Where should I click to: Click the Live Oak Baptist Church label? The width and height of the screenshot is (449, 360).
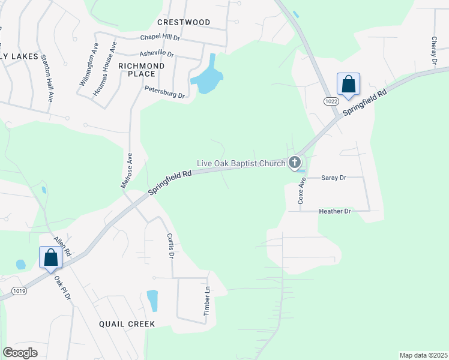click(241, 163)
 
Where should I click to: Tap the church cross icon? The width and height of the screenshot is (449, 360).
click(294, 161)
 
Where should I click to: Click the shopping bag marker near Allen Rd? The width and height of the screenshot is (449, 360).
click(51, 258)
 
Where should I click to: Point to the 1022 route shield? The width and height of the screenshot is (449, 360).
click(331, 101)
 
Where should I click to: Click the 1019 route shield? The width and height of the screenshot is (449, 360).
click(19, 291)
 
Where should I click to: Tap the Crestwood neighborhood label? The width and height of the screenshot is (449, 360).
click(184, 22)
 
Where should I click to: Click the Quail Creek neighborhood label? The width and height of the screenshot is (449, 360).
click(127, 324)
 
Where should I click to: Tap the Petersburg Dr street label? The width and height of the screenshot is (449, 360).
click(164, 91)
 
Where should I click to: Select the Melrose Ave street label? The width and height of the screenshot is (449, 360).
click(126, 170)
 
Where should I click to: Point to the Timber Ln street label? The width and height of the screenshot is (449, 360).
click(207, 300)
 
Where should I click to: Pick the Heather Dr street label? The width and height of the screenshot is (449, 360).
click(335, 211)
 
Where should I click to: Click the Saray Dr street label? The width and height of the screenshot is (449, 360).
click(334, 178)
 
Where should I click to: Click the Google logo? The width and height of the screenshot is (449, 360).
click(20, 353)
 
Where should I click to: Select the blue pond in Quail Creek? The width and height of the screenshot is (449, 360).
click(152, 301)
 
